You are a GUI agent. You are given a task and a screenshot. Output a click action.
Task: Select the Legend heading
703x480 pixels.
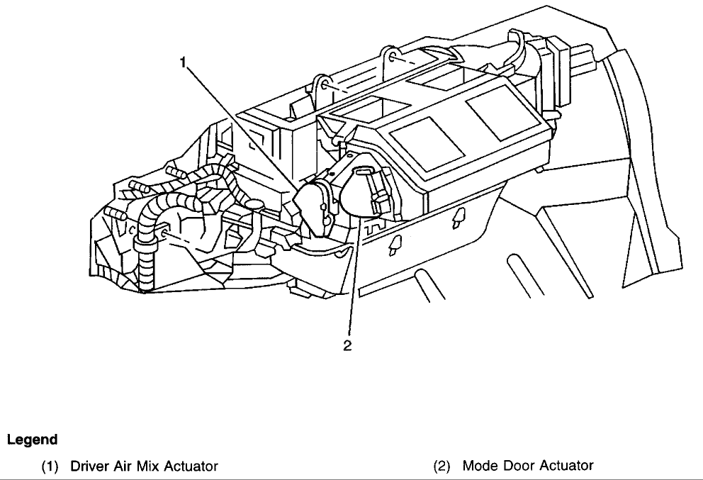32,440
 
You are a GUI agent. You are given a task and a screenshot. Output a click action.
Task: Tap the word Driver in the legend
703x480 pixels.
86,466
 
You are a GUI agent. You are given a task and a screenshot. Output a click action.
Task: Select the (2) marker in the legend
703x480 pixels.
444,466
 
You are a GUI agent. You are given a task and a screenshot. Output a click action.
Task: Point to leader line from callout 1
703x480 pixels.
248,128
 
